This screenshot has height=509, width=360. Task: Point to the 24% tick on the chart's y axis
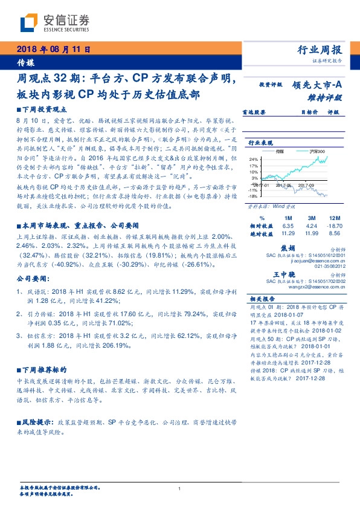[253, 158]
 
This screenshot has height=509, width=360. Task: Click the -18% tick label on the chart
[253, 196]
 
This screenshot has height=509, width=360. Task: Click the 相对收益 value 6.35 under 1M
[287, 225]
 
